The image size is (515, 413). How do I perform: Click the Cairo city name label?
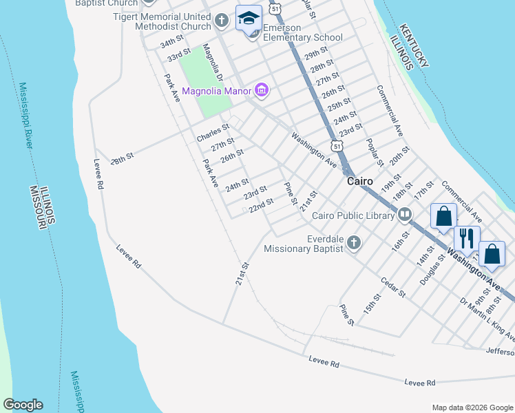pyautogui.click(x=359, y=182)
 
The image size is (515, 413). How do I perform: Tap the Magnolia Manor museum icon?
pyautogui.click(x=261, y=89)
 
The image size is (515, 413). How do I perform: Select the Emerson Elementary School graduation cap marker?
pyautogui.click(x=249, y=19)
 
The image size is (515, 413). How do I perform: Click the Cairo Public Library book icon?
pyautogui.click(x=405, y=215)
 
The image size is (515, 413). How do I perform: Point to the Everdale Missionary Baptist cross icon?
pyautogui.click(x=353, y=242)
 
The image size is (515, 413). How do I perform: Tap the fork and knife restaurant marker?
pyautogui.click(x=467, y=239)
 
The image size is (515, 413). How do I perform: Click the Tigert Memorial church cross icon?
pyautogui.click(x=221, y=20)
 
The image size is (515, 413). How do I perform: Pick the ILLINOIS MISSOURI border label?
pyautogui.click(x=43, y=206)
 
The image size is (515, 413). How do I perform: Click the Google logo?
pyautogui.click(x=23, y=405)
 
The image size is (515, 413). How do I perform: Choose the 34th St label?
pyautogui.click(x=172, y=42)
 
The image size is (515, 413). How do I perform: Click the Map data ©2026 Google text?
pyautogui.click(x=472, y=407)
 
